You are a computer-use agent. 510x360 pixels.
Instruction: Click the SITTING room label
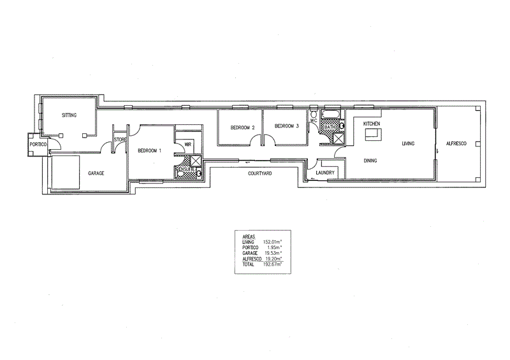click(x=69, y=115)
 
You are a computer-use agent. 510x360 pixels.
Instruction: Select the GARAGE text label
click(x=96, y=173)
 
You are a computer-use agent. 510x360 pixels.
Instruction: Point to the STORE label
click(x=120, y=140)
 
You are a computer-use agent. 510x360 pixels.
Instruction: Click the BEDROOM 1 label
click(x=149, y=151)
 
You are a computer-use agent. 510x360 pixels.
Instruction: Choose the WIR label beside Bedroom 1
click(x=187, y=145)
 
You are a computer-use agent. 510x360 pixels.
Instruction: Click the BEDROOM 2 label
click(x=242, y=127)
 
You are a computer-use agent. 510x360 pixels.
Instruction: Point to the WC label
click(x=314, y=119)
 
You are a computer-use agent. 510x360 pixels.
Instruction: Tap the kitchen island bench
click(x=372, y=134)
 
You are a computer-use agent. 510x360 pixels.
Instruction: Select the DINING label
click(x=370, y=161)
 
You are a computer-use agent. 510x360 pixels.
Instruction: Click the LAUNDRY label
click(x=325, y=173)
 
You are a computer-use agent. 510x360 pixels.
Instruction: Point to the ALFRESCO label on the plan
click(x=456, y=144)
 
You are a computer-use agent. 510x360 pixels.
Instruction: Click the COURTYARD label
click(x=259, y=173)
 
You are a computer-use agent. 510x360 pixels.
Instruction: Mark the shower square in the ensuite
click(x=196, y=161)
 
